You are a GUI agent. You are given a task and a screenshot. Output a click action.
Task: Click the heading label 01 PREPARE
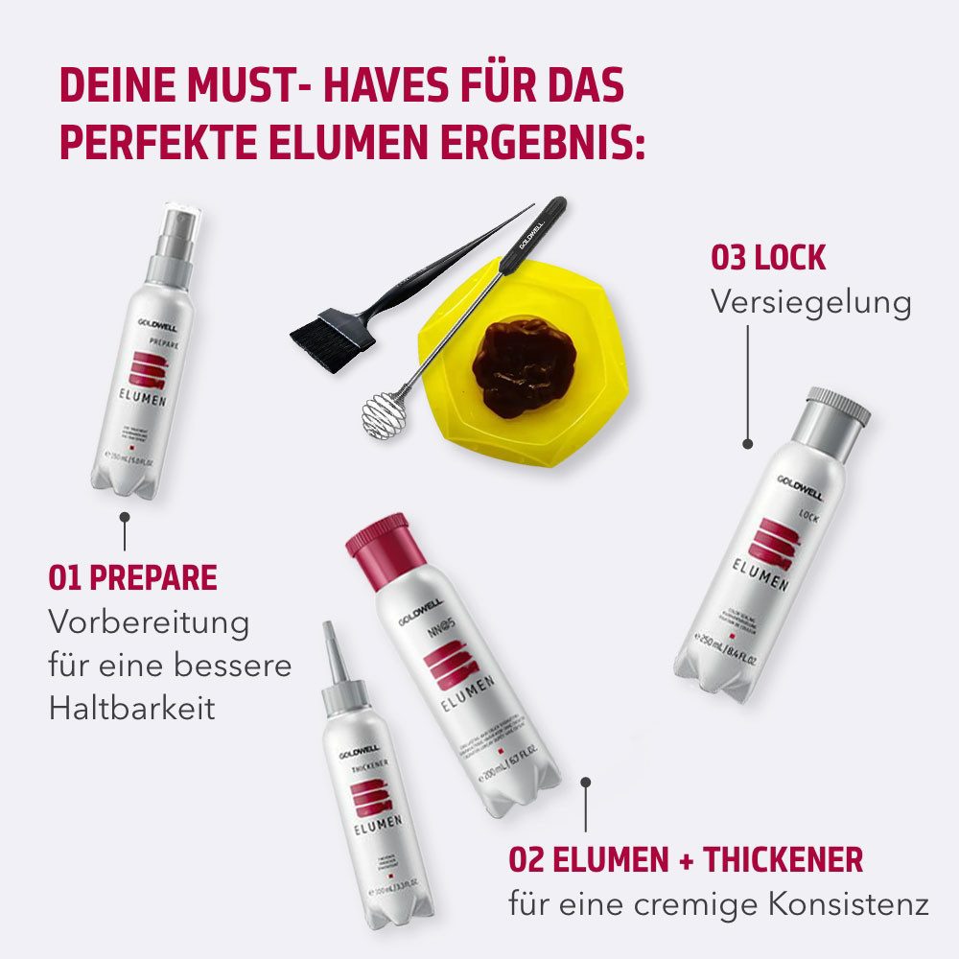pyautogui.click(x=132, y=577)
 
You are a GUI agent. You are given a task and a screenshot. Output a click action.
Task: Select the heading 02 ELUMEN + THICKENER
pyautogui.click(x=686, y=859)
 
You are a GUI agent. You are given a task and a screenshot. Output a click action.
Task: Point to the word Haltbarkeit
pyautogui.click(x=131, y=708)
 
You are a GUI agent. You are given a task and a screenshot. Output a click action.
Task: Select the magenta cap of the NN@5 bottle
pyautogui.click(x=377, y=536)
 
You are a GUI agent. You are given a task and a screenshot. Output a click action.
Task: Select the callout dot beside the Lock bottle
pyautogui.click(x=747, y=444)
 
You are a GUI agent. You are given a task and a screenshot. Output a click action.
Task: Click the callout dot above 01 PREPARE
pyautogui.click(x=124, y=518)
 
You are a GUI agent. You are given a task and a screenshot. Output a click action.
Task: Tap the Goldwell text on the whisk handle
pyautogui.click(x=533, y=230)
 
